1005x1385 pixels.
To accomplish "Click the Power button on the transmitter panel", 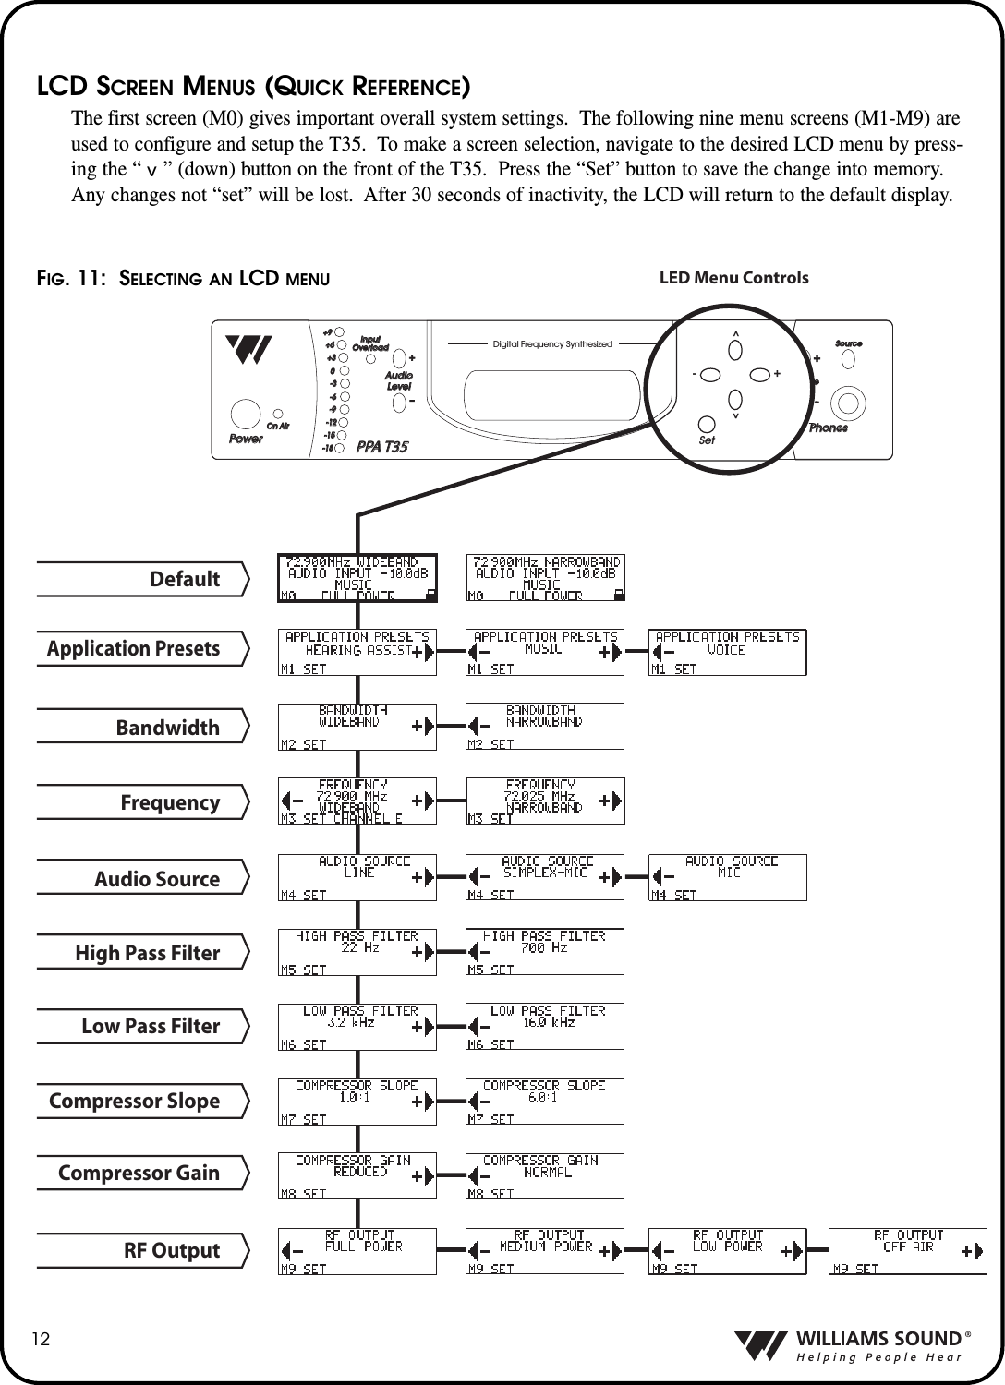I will (245, 413).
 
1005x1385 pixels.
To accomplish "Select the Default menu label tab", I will (143, 579).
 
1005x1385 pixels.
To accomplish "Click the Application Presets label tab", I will (143, 648).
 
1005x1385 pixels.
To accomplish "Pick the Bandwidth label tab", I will (143, 727).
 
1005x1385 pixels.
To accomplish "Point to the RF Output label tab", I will (143, 1250).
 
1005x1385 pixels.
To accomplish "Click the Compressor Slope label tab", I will (143, 1101).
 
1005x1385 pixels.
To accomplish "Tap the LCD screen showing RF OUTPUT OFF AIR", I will (907, 1251).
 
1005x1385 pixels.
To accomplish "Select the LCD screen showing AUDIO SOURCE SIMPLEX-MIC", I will (544, 877).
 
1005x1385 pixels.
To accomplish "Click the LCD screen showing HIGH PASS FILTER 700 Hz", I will (544, 951).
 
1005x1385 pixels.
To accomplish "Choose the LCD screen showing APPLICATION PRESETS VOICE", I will (727, 653).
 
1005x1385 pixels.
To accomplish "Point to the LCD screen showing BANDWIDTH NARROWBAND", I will (544, 726).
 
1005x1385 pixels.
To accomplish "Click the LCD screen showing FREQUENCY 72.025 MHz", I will (544, 801).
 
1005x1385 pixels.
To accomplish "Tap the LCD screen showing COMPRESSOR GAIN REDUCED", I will (357, 1176).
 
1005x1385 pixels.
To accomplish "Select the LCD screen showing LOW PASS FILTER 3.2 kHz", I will (357, 1026).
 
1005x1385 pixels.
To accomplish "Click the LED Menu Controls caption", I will (733, 278).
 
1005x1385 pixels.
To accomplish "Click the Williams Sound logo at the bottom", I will (850, 1346).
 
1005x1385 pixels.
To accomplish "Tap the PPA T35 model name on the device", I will (381, 447).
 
